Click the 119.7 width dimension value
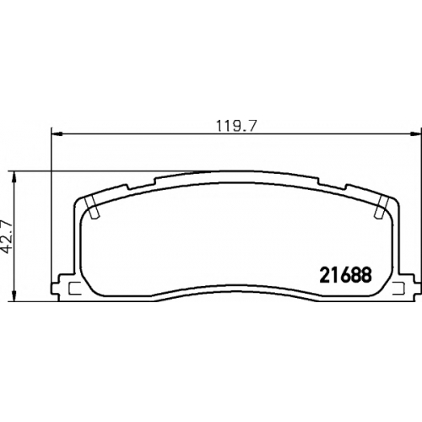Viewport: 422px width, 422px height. point(236,126)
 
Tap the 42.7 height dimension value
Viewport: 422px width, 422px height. point(8,234)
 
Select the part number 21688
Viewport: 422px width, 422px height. point(345,275)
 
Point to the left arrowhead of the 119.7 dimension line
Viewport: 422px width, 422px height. point(57,134)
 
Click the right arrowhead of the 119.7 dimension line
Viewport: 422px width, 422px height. point(414,134)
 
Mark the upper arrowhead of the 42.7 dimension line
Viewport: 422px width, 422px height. point(14,176)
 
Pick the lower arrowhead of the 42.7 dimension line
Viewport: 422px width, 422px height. point(14,297)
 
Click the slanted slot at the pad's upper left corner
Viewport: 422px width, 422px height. point(92,207)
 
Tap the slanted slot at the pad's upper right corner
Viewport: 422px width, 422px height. point(381,207)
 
